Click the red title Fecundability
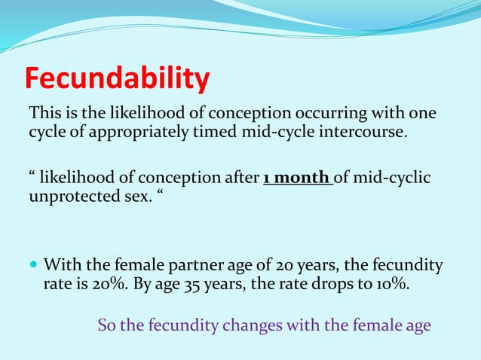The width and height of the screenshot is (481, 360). point(117,78)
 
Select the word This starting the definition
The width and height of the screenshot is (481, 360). point(43,114)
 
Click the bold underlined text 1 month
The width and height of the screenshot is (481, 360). point(298,178)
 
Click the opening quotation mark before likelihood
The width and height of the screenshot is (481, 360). point(32,177)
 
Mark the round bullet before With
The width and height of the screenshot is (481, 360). point(33,266)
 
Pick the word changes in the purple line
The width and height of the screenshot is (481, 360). point(260,325)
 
